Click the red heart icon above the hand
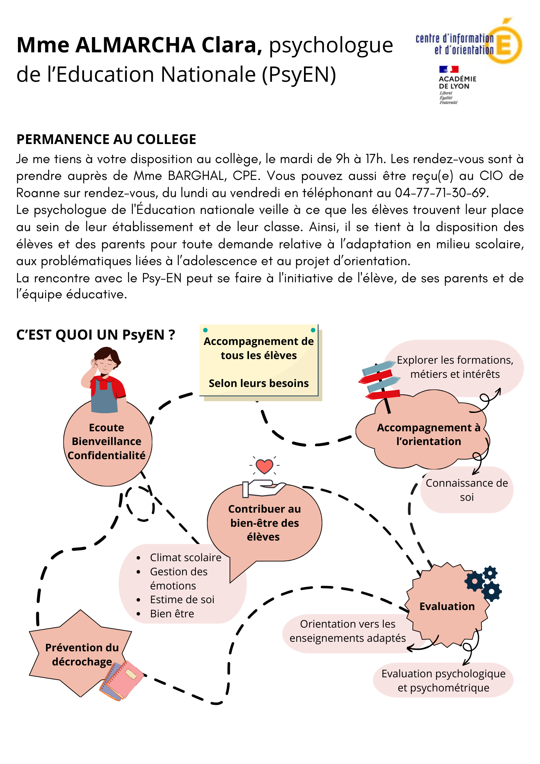pos(264,466)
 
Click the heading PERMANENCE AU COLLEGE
pos(106,139)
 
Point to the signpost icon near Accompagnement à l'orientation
pos(380,386)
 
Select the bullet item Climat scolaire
pos(186,557)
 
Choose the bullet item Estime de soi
pos(182,599)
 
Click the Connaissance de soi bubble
pos(467,490)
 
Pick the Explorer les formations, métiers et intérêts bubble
pos(454,367)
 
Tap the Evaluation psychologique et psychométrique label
pos(443,680)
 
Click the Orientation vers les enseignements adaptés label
pos(348,631)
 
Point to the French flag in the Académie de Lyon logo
pos(449,69)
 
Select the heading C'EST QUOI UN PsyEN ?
pos(95,335)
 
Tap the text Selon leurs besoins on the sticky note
pos(259,383)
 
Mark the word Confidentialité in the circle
pos(107,455)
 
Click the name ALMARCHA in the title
pos(136,45)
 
